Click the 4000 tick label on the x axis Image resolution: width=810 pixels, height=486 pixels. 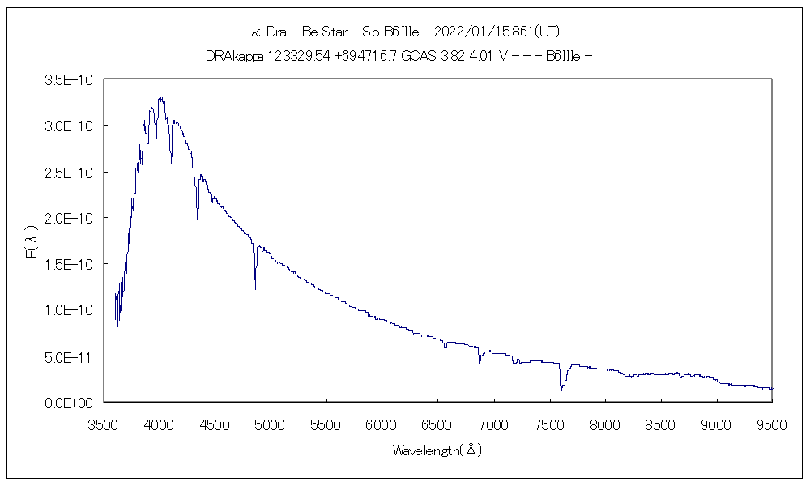(x=160, y=424)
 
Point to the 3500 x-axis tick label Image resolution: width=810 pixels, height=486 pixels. (x=104, y=424)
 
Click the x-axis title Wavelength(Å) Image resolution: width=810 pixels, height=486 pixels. (x=437, y=450)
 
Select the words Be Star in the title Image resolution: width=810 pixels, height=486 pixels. (x=325, y=32)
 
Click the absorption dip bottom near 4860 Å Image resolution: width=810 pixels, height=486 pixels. (x=256, y=288)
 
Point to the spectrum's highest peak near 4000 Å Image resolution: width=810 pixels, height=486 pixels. (x=160, y=96)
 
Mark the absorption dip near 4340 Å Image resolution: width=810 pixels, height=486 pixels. (x=197, y=218)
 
